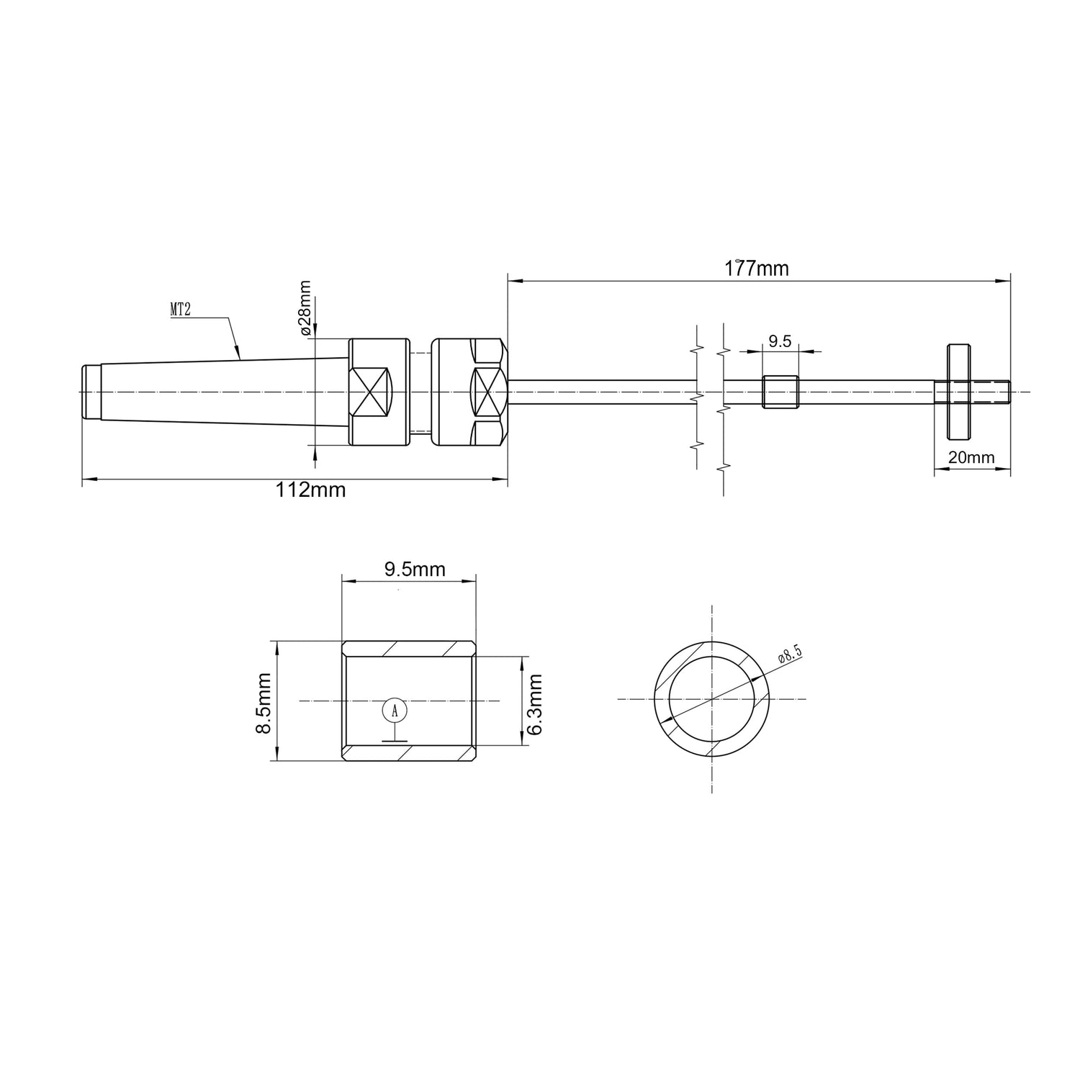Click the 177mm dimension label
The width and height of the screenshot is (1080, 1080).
tap(756, 269)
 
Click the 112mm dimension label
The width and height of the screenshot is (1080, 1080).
tap(311, 490)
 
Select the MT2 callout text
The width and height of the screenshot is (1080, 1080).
tap(180, 310)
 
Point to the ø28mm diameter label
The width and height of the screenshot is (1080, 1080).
tap(305, 307)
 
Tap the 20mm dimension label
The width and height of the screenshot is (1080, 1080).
tap(971, 457)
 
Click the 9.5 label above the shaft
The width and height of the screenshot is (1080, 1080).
tap(779, 341)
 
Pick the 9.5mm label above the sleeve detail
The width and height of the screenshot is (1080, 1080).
tap(415, 570)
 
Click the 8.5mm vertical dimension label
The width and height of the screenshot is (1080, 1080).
tap(264, 703)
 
